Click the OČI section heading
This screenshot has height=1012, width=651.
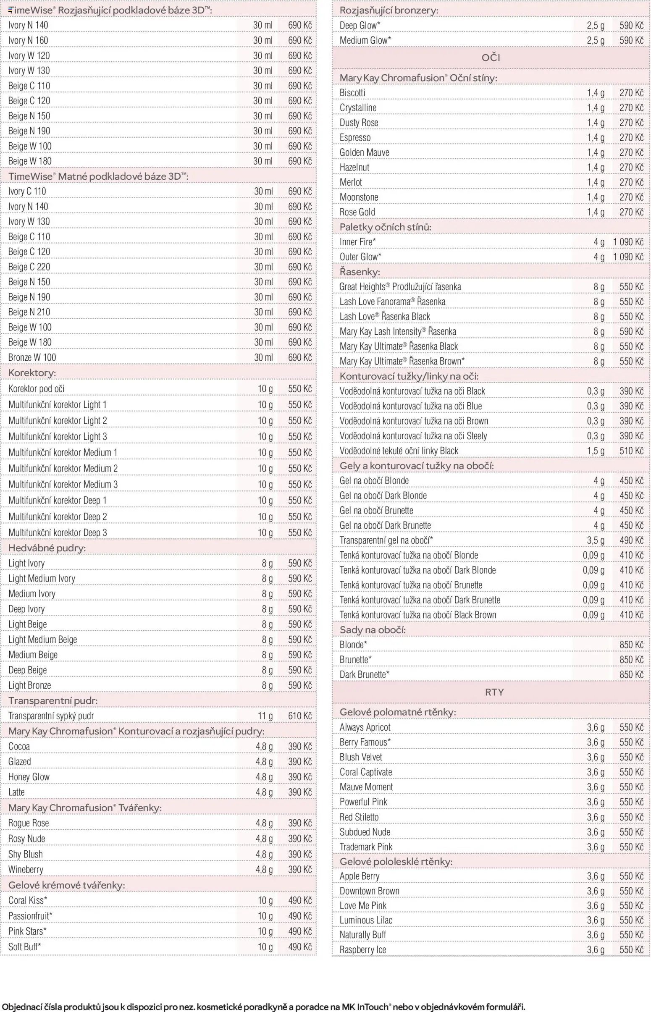click(491, 58)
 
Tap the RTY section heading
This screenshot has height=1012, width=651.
click(494, 692)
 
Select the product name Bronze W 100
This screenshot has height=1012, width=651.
click(32, 357)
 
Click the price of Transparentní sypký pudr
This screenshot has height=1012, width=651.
click(300, 716)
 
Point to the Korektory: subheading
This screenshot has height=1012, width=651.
click(32, 373)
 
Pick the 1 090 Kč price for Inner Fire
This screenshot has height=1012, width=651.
click(628, 242)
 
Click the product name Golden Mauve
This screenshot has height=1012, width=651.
click(365, 152)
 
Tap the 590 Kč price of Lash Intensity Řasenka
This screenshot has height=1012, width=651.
click(631, 331)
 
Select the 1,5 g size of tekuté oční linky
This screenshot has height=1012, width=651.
click(596, 451)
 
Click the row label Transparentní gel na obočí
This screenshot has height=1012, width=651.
click(386, 540)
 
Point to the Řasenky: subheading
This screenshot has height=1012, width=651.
click(360, 272)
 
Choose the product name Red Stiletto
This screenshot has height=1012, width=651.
click(359, 817)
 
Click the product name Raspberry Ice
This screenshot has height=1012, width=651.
click(363, 949)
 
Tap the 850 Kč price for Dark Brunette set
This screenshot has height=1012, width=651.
click(631, 674)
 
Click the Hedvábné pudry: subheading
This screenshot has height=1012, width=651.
click(47, 548)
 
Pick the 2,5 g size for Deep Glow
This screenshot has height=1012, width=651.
click(596, 25)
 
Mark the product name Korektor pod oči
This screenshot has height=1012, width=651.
click(37, 389)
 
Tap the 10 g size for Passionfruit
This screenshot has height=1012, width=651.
click(265, 916)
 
